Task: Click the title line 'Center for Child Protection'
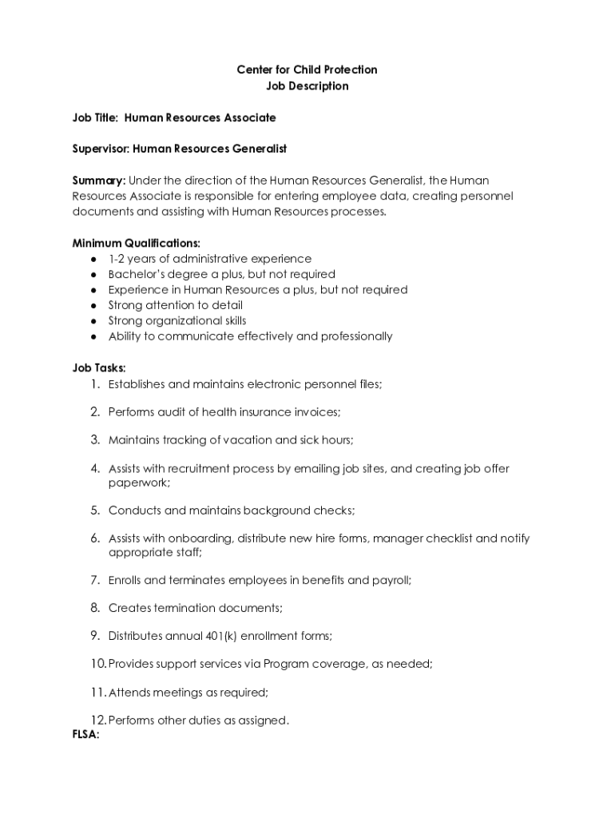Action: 307,70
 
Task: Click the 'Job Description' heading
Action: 307,86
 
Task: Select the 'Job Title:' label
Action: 95,118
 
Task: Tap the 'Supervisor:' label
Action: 101,149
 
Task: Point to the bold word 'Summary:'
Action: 98,181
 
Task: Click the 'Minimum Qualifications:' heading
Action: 136,243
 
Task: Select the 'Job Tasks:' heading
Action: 99,368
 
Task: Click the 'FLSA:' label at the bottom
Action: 85,735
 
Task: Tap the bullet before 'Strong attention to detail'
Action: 94,305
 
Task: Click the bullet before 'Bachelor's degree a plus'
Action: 94,274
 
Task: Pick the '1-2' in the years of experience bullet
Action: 118,259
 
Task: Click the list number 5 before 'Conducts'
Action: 94,510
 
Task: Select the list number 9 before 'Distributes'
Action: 94,636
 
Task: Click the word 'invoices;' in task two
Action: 317,412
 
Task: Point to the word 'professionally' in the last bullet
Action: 356,336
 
